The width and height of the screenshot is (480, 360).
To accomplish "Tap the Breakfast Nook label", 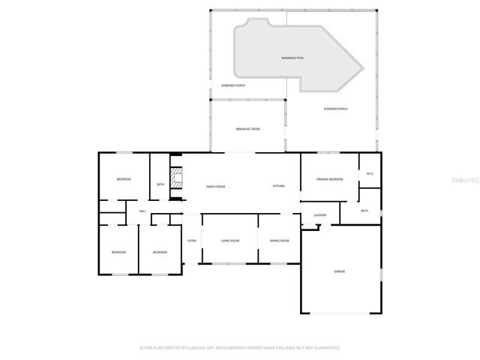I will point(247,130).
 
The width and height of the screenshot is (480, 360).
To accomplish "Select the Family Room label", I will point(216,186).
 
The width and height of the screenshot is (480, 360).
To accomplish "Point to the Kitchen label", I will point(278,185).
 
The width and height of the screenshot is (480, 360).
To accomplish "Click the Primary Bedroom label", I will point(329,179).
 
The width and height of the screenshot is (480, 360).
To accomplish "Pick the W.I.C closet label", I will point(370,174).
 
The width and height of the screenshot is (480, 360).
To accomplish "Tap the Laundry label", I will point(319,216).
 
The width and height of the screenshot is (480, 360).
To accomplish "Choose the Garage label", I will point(339,271).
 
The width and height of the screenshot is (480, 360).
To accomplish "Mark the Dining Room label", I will point(279,241).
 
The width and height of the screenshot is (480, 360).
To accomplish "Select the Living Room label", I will point(230,241).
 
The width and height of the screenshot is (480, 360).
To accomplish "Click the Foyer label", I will point(191,241).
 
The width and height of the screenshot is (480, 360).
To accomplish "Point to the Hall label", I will point(142,211).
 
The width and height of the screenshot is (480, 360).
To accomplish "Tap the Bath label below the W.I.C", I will point(364,211).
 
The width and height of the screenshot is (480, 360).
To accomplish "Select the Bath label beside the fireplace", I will point(160,184).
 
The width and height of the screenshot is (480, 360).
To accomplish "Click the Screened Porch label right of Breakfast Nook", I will point(335,109).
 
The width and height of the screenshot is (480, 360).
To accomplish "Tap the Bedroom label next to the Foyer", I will point(160,253).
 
